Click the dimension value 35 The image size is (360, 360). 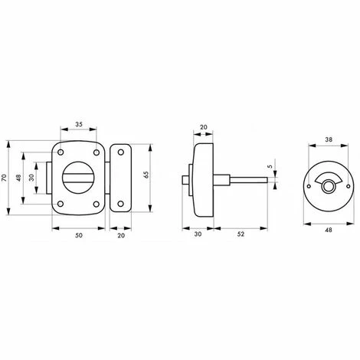pyautogui.click(x=79, y=124)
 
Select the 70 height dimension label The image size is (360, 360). pyautogui.click(x=4, y=178)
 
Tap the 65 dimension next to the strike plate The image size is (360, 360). pyautogui.click(x=146, y=175)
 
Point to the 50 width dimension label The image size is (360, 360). pyautogui.click(x=79, y=235)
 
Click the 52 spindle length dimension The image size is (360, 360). pyautogui.click(x=241, y=234)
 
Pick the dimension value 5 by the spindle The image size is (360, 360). pyautogui.click(x=270, y=166)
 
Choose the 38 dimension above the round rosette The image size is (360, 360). pyautogui.click(x=329, y=139)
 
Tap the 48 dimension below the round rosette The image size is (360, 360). pyautogui.click(x=329, y=230)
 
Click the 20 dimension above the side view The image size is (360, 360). pyautogui.click(x=204, y=127)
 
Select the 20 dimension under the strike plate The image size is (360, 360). pyautogui.click(x=121, y=235)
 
